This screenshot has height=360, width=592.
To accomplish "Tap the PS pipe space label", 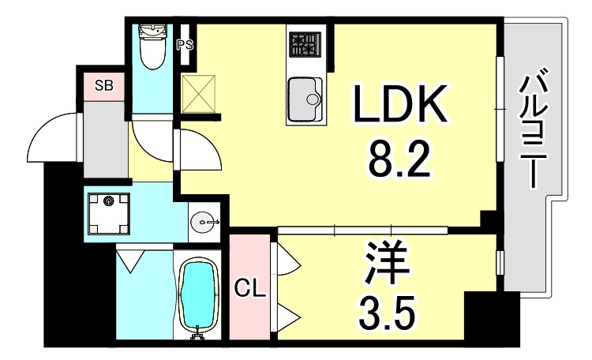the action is [185, 45].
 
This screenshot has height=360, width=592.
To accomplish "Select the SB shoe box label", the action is [104, 85].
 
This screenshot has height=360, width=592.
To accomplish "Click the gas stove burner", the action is [305, 44].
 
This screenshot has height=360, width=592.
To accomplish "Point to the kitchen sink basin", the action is [305, 99].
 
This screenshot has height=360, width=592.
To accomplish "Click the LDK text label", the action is [400, 103].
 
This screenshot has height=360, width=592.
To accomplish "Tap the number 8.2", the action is [399, 159].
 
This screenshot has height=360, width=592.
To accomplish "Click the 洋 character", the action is [387, 264].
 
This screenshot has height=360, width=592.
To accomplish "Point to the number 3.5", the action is [387, 312].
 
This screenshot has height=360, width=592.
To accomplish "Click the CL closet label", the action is [250, 290].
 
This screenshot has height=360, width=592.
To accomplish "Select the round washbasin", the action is [204, 222].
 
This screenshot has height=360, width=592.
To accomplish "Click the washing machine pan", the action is [109, 214].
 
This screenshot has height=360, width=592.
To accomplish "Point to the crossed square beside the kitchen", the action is [199, 94].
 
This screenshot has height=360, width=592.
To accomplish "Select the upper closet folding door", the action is [289, 259].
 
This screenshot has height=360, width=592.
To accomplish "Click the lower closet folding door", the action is [289, 316].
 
